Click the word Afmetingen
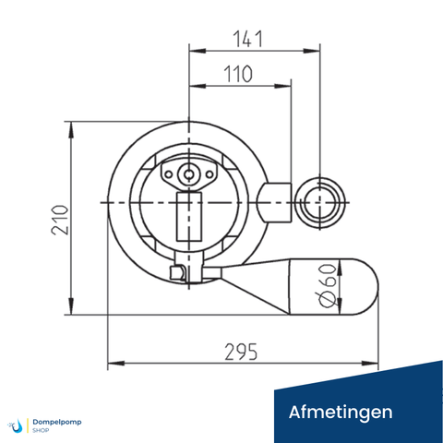tap(341, 411)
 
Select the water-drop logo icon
tap(18, 425)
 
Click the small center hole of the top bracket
tap(188, 173)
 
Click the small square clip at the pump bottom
tap(177, 271)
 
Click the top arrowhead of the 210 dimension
tap(72, 126)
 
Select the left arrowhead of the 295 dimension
tap(113, 364)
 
